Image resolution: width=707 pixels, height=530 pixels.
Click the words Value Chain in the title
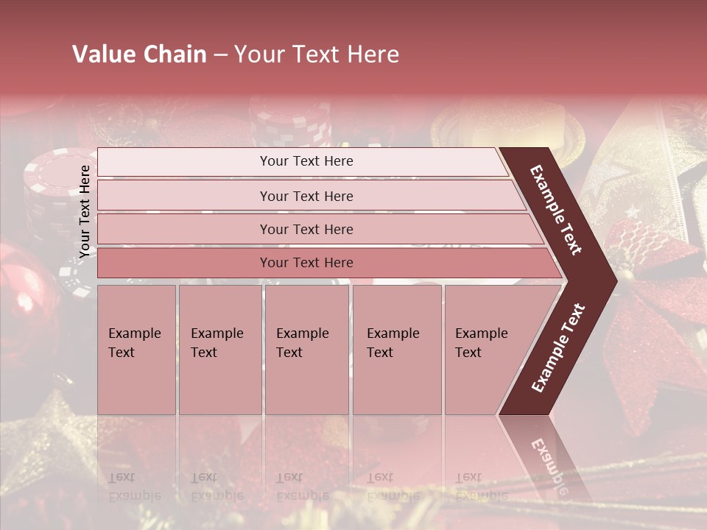[x=139, y=54]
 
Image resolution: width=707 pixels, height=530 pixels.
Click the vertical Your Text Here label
[x=85, y=211]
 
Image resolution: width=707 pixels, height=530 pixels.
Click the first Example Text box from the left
[x=136, y=350]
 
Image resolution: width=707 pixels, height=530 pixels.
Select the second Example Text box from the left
[x=219, y=350]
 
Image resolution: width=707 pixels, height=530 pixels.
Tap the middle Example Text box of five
[x=306, y=350]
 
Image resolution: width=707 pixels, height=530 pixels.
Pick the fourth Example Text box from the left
[x=396, y=350]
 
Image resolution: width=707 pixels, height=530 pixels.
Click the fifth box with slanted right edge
[x=486, y=350]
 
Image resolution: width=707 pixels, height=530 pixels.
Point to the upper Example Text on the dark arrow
[x=556, y=210]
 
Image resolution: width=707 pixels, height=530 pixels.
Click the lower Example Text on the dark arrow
[x=558, y=347]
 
